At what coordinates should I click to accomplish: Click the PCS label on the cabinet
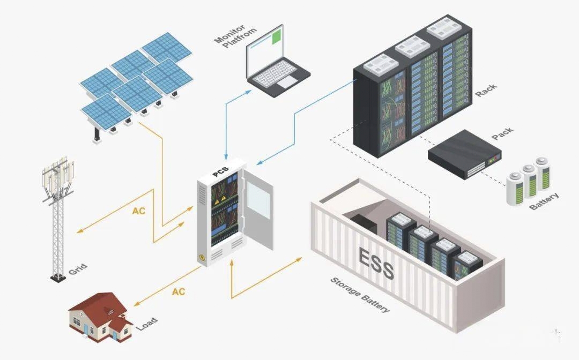(221, 172)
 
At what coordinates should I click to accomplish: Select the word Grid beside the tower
(78, 269)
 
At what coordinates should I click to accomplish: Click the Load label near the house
(147, 324)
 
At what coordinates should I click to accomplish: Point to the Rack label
(486, 91)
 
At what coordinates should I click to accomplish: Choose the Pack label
(502, 133)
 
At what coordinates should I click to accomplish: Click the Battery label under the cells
(544, 201)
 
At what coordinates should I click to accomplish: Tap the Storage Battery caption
(360, 295)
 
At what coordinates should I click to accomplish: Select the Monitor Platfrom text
(235, 36)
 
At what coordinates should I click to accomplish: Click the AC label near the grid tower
(139, 211)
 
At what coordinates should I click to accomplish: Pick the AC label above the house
(179, 292)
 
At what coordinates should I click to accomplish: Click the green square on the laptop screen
(277, 37)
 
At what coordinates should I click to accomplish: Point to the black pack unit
(464, 154)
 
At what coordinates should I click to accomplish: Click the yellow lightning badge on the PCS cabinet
(202, 257)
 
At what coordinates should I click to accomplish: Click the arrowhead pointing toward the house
(137, 304)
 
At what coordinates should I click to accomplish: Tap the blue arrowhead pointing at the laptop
(248, 92)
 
